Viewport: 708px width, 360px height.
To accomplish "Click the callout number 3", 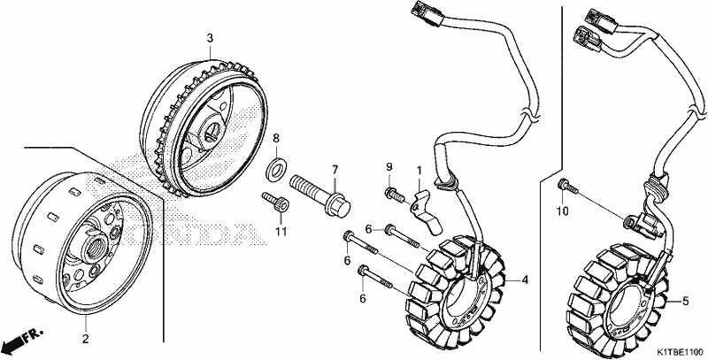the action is coord(210,38).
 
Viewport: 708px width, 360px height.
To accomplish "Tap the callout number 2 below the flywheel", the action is coord(85,339).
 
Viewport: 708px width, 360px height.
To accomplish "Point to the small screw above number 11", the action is coord(275,201).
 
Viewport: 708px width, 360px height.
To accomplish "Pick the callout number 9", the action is coord(389,168).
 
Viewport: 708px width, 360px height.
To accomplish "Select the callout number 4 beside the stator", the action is coord(525,280).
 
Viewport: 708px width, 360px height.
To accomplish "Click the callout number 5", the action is coord(685,302).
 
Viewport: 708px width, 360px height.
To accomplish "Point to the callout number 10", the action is coord(563,211).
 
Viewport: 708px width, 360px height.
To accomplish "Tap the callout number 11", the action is coord(281,232).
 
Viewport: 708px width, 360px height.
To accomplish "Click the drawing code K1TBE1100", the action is coord(679,352).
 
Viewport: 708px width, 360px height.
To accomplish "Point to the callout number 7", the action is coord(335,171).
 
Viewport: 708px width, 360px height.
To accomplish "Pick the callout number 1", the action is coord(419,171).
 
